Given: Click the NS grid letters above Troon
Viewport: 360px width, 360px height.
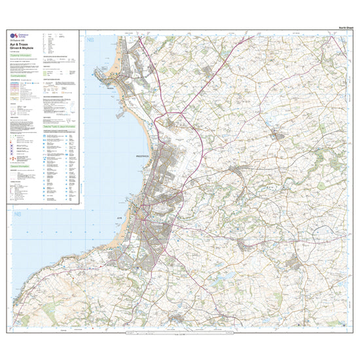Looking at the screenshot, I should tap(90, 41).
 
